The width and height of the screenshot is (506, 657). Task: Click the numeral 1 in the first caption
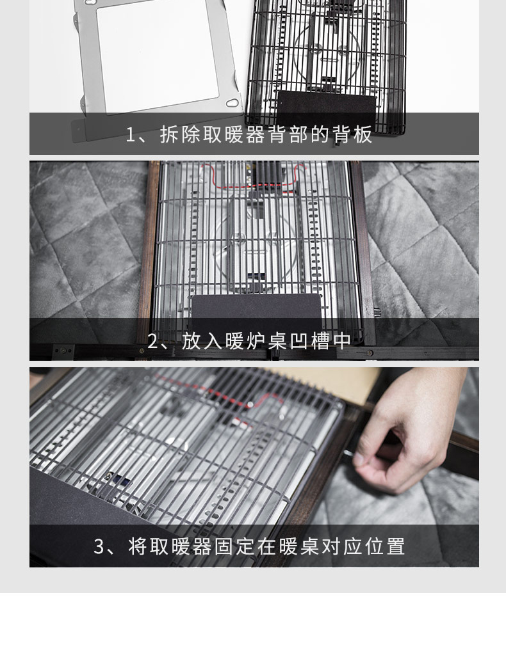[x=131, y=135]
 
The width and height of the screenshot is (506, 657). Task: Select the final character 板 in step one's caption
[x=363, y=134]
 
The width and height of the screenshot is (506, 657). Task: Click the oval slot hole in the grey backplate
[x=232, y=103]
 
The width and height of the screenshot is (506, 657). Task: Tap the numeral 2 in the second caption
[x=152, y=342]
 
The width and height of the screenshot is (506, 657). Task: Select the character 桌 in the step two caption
[x=277, y=341]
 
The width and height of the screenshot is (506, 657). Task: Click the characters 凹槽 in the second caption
[x=309, y=341]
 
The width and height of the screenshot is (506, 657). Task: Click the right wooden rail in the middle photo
[x=363, y=251]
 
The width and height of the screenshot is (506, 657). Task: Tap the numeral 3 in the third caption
[x=99, y=547]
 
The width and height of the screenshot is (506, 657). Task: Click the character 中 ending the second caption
[x=342, y=341]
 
